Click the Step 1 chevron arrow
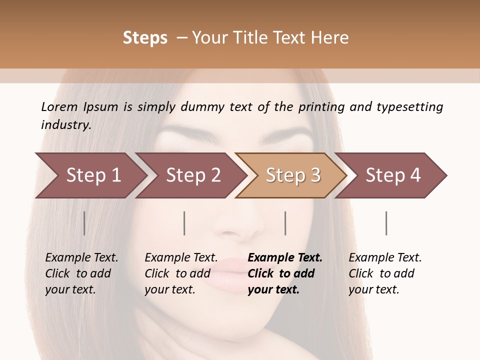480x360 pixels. click(x=90, y=175)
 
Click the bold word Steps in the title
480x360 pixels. click(x=145, y=38)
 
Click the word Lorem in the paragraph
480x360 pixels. click(x=59, y=106)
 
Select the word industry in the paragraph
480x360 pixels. click(x=65, y=125)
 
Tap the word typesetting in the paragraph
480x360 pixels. click(x=409, y=106)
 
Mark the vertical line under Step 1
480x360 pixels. click(x=84, y=223)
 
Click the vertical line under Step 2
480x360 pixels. click(x=184, y=223)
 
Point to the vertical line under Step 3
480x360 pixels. click(x=285, y=223)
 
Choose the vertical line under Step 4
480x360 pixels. click(x=386, y=223)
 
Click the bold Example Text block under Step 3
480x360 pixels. click(x=284, y=273)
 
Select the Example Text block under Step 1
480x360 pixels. click(x=81, y=273)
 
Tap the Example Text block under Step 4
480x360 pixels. click(x=384, y=273)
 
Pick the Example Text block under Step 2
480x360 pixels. click(x=180, y=273)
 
